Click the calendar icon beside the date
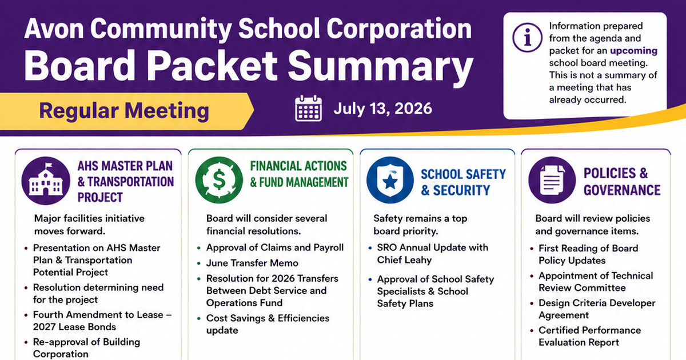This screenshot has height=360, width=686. coord(308,109)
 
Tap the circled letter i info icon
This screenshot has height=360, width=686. coord(527,38)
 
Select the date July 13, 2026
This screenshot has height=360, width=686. coord(383,109)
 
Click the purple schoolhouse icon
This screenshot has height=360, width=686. coord(46,181)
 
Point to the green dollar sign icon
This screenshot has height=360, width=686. coord(219,180)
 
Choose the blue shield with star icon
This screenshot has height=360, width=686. coord(390,180)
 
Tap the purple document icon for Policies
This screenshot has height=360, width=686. coord(552,180)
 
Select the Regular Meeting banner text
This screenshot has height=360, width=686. coord(124,111)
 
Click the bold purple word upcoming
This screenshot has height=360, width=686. coord(633,50)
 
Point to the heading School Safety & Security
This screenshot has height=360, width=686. coord(463,182)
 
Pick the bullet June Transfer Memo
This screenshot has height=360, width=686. coord(252,263)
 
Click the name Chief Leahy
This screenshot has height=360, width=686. coord(404,260)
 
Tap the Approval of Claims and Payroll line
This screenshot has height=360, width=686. coord(275,247)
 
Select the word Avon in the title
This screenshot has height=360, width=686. coord(54,29)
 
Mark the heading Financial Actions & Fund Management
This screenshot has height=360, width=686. coord(299,174)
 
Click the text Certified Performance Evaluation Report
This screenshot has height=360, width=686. coord(589,336)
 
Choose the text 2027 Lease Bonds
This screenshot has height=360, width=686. coord(74,327)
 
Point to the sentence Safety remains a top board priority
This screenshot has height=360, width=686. coord(420,225)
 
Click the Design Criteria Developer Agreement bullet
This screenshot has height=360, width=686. coord(597,309)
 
